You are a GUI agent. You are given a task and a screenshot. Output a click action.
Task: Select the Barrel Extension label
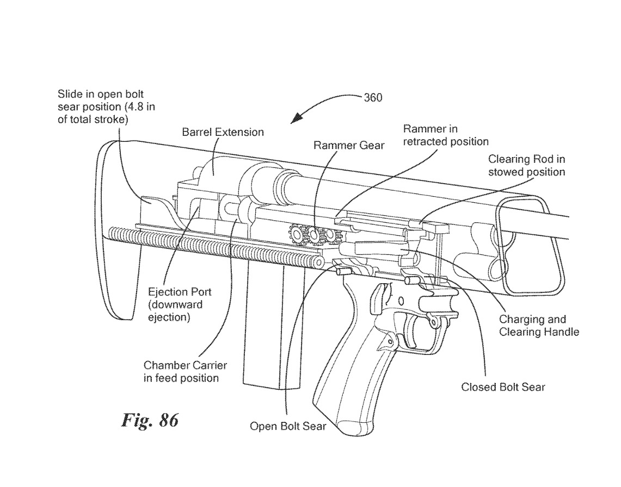[223, 132]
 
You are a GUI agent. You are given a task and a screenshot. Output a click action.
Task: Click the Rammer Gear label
[348, 146]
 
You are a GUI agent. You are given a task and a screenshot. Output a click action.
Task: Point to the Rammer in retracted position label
[445, 135]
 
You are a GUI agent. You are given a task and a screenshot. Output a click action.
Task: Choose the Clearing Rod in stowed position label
[526, 166]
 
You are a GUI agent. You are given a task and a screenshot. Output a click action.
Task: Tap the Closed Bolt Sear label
[503, 388]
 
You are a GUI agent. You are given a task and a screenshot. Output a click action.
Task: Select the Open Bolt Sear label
[288, 426]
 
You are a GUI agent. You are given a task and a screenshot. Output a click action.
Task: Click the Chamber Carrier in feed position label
[185, 371]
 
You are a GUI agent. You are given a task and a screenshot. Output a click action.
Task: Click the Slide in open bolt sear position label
[106, 107]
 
